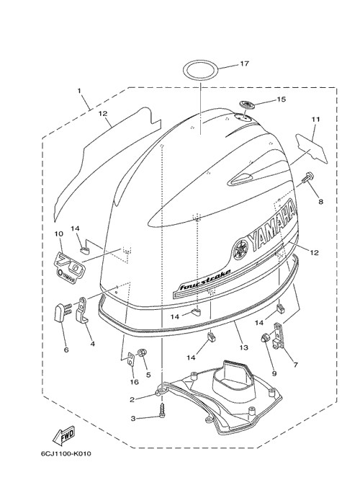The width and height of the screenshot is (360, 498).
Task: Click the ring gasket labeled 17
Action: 184,71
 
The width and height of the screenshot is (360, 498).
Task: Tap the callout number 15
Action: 281,99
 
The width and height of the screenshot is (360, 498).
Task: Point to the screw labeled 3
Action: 163,411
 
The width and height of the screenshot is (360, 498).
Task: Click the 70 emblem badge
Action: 70,264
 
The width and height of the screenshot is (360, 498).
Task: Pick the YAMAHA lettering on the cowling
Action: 274,227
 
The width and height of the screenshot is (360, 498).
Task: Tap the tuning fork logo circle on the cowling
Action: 240,249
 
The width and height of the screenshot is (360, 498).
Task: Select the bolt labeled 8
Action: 306,177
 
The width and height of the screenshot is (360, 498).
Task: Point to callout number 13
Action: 243,347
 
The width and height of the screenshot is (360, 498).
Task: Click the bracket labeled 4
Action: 82,310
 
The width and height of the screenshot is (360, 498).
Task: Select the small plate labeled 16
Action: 131,359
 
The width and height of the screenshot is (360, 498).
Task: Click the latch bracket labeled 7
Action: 278,335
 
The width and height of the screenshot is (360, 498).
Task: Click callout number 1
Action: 79,91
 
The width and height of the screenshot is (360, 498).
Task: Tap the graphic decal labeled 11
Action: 311,147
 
